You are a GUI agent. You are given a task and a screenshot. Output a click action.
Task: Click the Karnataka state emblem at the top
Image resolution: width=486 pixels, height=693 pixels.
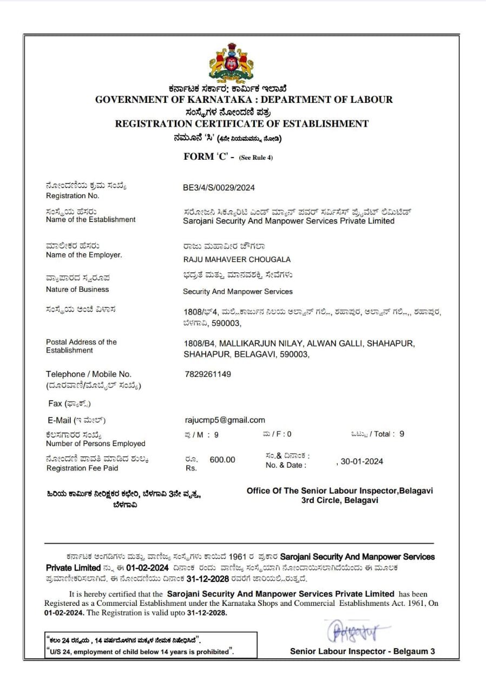[232, 63]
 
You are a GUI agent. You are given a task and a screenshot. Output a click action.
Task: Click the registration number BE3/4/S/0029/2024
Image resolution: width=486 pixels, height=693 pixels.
[219, 188]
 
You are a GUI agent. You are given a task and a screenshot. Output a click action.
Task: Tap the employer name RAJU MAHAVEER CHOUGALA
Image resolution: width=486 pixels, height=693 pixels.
[237, 259]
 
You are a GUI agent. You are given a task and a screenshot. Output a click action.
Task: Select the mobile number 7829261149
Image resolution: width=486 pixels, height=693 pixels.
[208, 374]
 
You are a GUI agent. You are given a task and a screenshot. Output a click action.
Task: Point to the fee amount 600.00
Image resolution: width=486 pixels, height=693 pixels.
[222, 460]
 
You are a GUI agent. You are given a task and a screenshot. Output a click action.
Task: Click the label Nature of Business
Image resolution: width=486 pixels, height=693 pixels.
[77, 289]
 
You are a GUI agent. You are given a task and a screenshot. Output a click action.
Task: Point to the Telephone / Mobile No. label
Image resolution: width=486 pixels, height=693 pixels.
[88, 374]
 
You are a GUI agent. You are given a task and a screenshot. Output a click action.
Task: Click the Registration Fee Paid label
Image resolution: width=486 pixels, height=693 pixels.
[82, 468]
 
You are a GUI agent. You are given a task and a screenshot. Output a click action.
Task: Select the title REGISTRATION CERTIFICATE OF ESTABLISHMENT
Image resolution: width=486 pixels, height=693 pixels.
[241, 123]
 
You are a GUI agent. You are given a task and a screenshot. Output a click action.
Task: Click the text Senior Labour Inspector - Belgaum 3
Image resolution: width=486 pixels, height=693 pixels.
[362, 651]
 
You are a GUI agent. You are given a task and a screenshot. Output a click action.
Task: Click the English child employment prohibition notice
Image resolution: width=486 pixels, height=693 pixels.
[141, 651]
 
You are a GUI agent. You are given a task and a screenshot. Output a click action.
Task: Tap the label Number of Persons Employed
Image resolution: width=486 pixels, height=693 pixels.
[95, 443]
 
